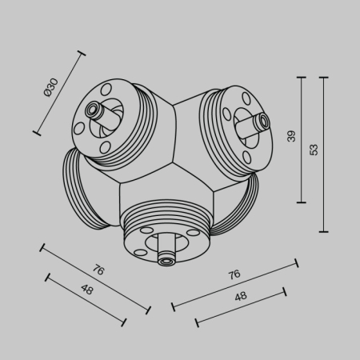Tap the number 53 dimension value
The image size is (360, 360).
314,149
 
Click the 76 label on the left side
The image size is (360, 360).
98,270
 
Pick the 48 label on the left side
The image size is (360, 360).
86,290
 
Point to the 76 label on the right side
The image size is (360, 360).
234,274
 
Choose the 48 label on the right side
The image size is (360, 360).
240,296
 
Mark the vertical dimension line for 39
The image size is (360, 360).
302,140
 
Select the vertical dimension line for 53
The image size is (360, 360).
323,154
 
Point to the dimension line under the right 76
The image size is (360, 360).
234,283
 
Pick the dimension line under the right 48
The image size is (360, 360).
241,306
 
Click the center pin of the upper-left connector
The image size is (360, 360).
94,108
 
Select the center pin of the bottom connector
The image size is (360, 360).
166,259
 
